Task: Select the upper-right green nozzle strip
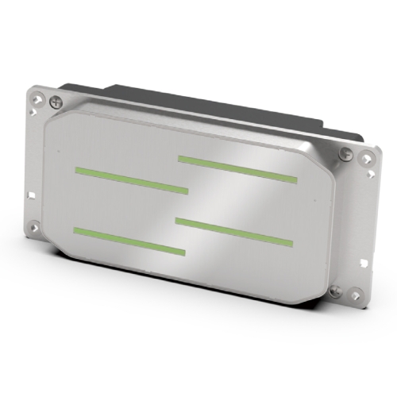[237, 167]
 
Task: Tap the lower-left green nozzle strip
[128, 241]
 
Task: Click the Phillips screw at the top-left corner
[55, 102]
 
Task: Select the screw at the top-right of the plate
[344, 154]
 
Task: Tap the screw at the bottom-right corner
[334, 291]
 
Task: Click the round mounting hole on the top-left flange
[36, 99]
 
